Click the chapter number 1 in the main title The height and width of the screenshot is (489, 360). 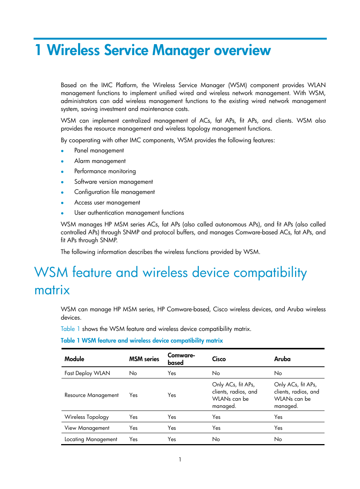[x=38, y=50]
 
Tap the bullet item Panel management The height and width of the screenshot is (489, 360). [x=99, y=151]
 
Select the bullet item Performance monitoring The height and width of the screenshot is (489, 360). [x=105, y=171]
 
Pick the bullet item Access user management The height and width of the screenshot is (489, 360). [x=107, y=203]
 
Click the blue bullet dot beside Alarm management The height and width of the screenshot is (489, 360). [x=62, y=161]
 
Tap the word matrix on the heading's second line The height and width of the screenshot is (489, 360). [x=52, y=290]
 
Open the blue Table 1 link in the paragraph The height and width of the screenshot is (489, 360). [x=70, y=329]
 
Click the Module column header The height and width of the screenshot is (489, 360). [x=74, y=359]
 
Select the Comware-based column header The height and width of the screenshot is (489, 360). [x=181, y=359]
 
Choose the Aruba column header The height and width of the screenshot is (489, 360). [x=282, y=359]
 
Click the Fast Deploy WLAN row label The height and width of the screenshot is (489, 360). [x=87, y=373]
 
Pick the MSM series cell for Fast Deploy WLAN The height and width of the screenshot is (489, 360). [x=133, y=373]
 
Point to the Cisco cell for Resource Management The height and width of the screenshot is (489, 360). [x=234, y=395]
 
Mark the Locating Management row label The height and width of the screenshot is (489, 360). [x=91, y=439]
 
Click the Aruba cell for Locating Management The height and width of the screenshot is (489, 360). [x=278, y=439]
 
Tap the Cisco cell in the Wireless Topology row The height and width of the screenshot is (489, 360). [x=216, y=417]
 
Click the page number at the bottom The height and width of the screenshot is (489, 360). [x=180, y=460]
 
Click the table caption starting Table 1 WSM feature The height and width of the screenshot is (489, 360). [x=142, y=341]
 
